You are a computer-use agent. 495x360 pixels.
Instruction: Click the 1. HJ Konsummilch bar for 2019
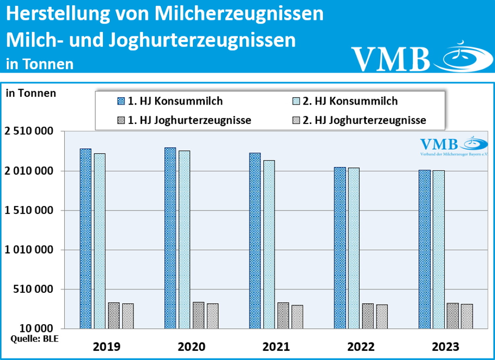pos(85,238)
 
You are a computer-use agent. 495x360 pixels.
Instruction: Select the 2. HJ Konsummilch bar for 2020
pos(184,239)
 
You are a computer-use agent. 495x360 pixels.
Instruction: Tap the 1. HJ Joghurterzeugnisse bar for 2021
pos(283,315)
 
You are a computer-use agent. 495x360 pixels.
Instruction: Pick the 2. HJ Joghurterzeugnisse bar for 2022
pos(382,316)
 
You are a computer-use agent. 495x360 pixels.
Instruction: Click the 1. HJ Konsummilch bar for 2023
pos(424,249)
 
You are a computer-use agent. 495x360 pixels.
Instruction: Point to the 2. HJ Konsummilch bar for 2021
pos(269,244)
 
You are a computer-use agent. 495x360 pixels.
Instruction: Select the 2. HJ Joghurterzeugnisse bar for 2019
pos(128,316)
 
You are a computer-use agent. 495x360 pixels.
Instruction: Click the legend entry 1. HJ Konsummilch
pos(175,101)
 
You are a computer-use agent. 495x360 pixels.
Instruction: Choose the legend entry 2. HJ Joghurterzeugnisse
pos(364,120)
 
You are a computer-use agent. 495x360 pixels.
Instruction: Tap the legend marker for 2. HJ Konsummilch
pos(296,101)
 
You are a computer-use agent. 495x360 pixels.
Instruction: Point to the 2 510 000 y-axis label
pos(29,131)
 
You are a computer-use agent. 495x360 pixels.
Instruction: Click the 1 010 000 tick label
pos(29,250)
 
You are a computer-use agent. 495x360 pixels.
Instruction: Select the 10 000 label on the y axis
pos(36,328)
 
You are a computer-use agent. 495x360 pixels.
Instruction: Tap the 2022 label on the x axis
pos(361,347)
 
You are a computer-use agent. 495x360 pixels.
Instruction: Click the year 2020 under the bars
pos(191,347)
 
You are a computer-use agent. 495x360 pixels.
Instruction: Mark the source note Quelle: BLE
pos(34,339)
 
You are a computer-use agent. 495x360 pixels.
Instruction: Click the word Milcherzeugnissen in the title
pos(239,14)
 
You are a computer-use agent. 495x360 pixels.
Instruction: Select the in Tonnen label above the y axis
pos(31,93)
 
